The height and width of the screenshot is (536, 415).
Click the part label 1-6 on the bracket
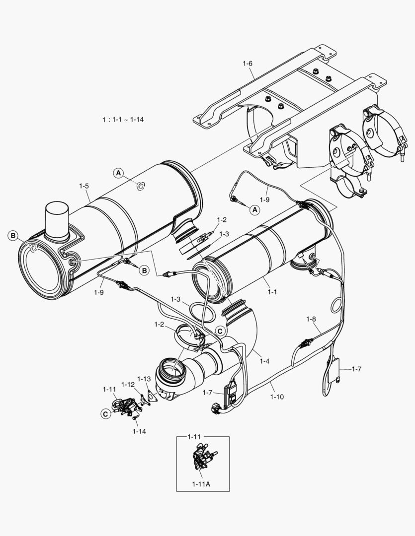point(248,64)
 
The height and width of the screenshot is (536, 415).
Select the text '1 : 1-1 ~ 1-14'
point(123,120)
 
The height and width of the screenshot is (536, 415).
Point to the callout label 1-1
point(272,292)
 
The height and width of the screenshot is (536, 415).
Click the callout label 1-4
point(264,361)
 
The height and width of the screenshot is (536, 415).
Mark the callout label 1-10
point(277,397)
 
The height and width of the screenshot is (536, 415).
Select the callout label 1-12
point(128,384)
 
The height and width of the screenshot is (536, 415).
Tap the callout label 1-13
point(144,379)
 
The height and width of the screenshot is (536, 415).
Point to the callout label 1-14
point(139,431)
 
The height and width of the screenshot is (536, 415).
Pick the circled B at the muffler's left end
point(12,235)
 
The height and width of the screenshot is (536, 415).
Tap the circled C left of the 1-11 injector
point(105,413)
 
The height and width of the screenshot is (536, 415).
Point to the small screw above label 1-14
point(135,420)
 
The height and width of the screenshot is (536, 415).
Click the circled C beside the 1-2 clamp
point(219,330)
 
